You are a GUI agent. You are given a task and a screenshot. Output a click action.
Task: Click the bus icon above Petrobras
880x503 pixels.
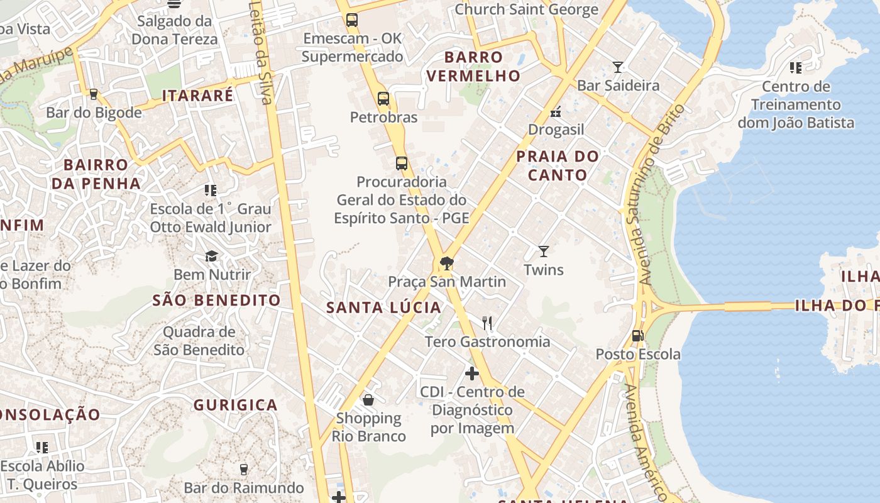(x=383, y=99)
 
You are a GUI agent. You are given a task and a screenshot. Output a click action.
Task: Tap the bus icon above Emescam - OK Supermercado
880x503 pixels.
(x=352, y=20)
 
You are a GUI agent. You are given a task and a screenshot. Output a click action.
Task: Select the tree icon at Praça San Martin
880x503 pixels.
(x=446, y=263)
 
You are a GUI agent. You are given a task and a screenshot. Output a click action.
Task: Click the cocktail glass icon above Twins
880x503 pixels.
(x=544, y=251)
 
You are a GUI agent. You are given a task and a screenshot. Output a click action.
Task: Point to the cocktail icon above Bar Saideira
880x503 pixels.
(x=618, y=67)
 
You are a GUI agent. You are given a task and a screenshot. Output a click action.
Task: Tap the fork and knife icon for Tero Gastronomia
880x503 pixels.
(x=487, y=323)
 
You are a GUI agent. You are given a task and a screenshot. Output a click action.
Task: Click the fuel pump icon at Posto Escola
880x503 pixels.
(x=637, y=336)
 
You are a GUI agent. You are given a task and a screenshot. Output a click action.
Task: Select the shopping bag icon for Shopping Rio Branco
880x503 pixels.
(x=368, y=400)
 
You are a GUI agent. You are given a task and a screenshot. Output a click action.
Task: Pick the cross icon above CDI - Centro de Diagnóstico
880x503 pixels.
(x=471, y=373)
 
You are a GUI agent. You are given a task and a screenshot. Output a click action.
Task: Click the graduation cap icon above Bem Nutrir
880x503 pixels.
(x=211, y=256)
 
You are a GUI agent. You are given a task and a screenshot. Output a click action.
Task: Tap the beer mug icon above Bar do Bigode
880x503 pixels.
(x=94, y=94)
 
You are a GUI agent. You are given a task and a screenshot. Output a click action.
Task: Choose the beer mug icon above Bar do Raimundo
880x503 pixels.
(x=244, y=469)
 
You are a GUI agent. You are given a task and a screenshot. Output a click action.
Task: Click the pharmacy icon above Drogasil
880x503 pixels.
(x=556, y=112)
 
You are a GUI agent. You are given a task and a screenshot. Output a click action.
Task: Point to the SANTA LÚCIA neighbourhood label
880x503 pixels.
(x=384, y=307)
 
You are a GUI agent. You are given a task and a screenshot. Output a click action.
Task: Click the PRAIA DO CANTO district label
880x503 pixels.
(x=558, y=165)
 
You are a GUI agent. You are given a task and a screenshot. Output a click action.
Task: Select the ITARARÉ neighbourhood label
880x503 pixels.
(x=197, y=96)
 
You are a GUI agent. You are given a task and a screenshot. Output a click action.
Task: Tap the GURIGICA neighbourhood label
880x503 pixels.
(x=235, y=405)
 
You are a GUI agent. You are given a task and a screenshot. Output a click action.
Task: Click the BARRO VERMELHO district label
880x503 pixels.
(x=482, y=66)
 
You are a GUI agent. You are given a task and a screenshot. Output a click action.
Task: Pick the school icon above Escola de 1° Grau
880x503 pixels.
(x=211, y=190)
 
